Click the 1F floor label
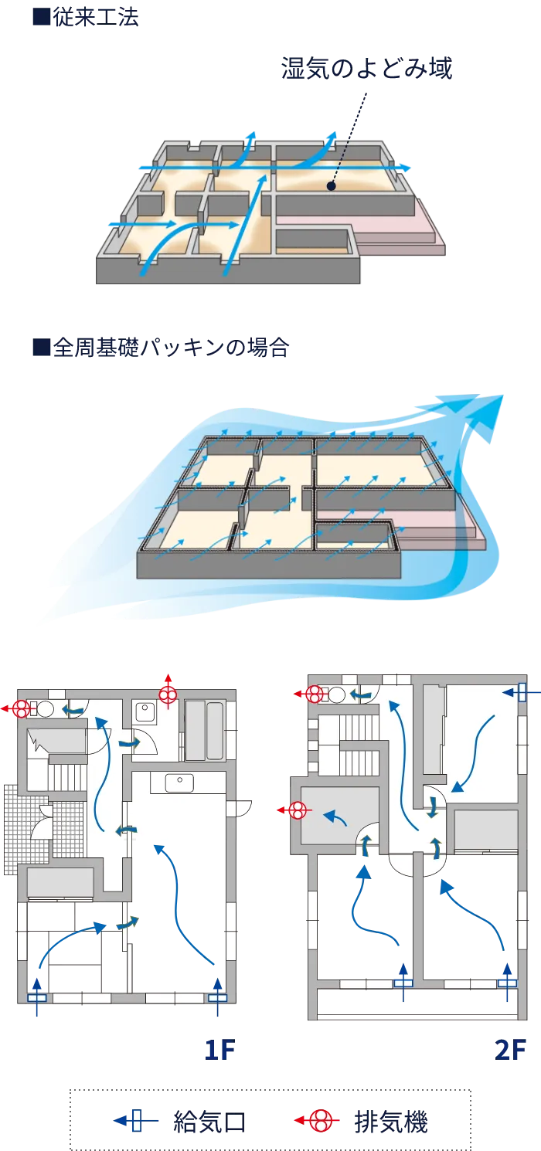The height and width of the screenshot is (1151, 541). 219,1051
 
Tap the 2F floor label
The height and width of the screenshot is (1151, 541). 509,1051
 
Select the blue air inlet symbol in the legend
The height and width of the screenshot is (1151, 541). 137,1120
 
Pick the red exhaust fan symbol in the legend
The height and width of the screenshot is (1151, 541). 321,1120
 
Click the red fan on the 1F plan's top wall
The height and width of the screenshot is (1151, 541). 168,694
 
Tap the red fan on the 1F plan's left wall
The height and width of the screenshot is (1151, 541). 22,708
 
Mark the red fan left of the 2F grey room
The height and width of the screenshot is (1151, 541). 298,810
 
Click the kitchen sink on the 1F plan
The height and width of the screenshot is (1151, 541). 179,783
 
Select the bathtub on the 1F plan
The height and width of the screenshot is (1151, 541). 204,730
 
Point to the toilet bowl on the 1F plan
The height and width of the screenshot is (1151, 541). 45,708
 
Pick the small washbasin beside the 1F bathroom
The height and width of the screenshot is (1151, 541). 145,711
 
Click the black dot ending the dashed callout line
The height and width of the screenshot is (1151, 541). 331,185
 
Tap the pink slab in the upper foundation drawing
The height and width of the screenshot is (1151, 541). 402,232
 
